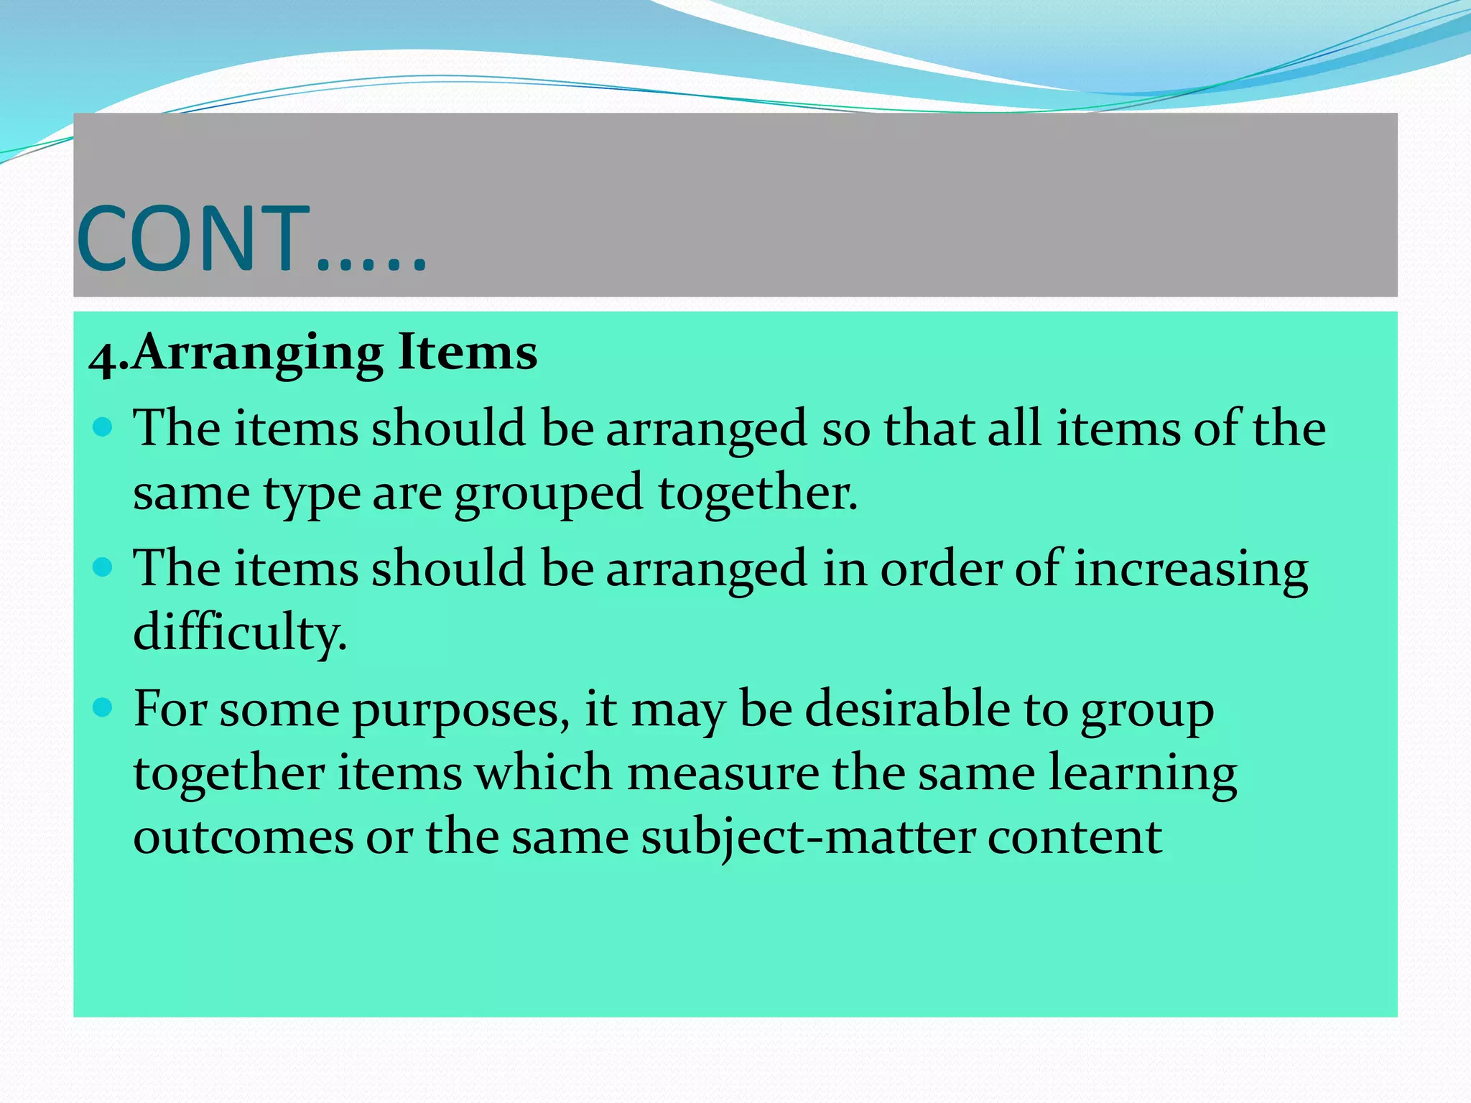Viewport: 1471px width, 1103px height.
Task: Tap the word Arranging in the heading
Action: (x=258, y=353)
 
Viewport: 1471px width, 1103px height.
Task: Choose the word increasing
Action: (x=1190, y=569)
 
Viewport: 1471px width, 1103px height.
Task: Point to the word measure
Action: (x=722, y=773)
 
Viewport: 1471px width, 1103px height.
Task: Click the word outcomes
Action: (x=243, y=838)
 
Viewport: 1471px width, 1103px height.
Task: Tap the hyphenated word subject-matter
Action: (x=807, y=838)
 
